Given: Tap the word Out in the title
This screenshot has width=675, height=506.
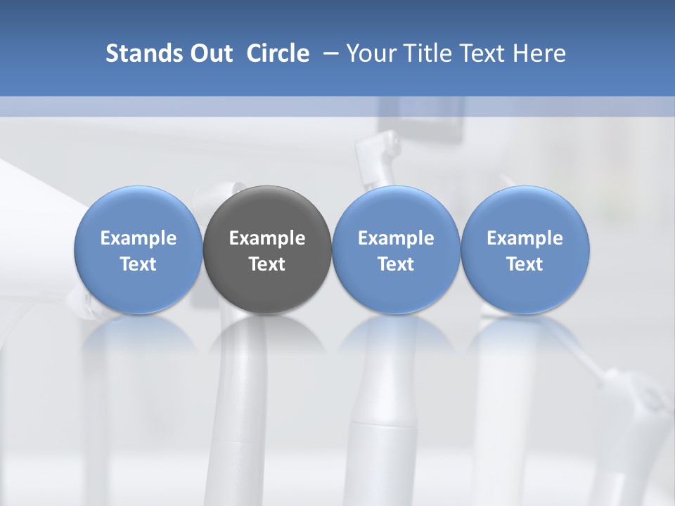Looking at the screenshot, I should pyautogui.click(x=210, y=53).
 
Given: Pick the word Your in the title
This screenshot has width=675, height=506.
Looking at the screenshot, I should pyautogui.click(x=368, y=53).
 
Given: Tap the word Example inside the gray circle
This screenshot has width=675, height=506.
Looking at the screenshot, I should pyautogui.click(x=267, y=238).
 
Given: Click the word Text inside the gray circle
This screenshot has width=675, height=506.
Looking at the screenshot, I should pyautogui.click(x=267, y=264).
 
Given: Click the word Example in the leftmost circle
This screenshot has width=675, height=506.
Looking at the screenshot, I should pyautogui.click(x=139, y=238).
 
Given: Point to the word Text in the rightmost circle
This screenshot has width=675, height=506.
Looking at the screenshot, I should pyautogui.click(x=525, y=264).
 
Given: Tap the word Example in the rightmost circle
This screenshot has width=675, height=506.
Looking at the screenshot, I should pyautogui.click(x=525, y=238).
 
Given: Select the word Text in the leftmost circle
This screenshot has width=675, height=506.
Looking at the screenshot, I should pyautogui.click(x=139, y=264).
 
